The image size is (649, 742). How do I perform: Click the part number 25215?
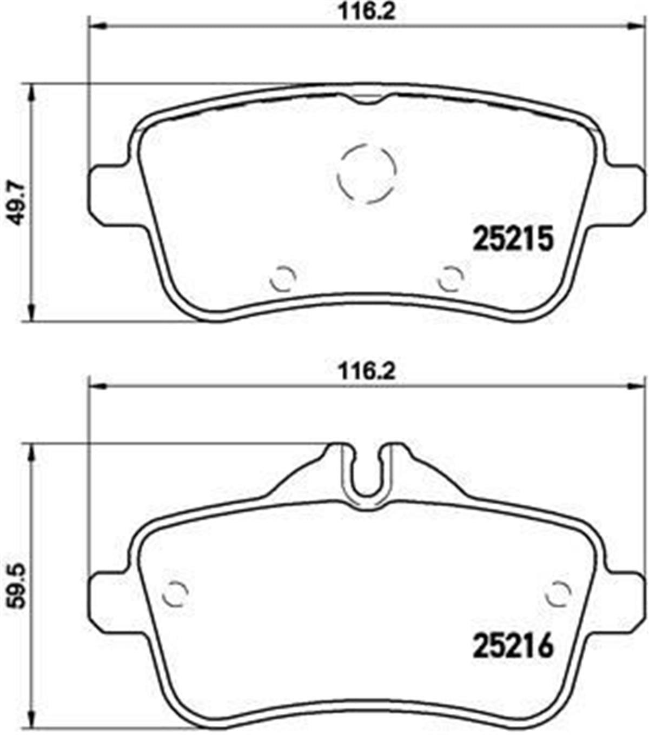[513, 239]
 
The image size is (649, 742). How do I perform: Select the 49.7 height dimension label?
[18, 203]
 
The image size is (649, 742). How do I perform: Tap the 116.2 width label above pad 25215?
[367, 11]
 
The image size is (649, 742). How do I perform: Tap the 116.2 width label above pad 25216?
[367, 371]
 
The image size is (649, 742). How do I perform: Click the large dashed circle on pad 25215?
[367, 175]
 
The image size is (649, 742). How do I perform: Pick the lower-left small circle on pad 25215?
[283, 279]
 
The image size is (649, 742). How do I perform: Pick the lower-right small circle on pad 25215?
[451, 279]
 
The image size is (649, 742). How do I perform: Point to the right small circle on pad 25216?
[558, 594]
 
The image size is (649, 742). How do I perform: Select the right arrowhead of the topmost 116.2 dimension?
[638, 25]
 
